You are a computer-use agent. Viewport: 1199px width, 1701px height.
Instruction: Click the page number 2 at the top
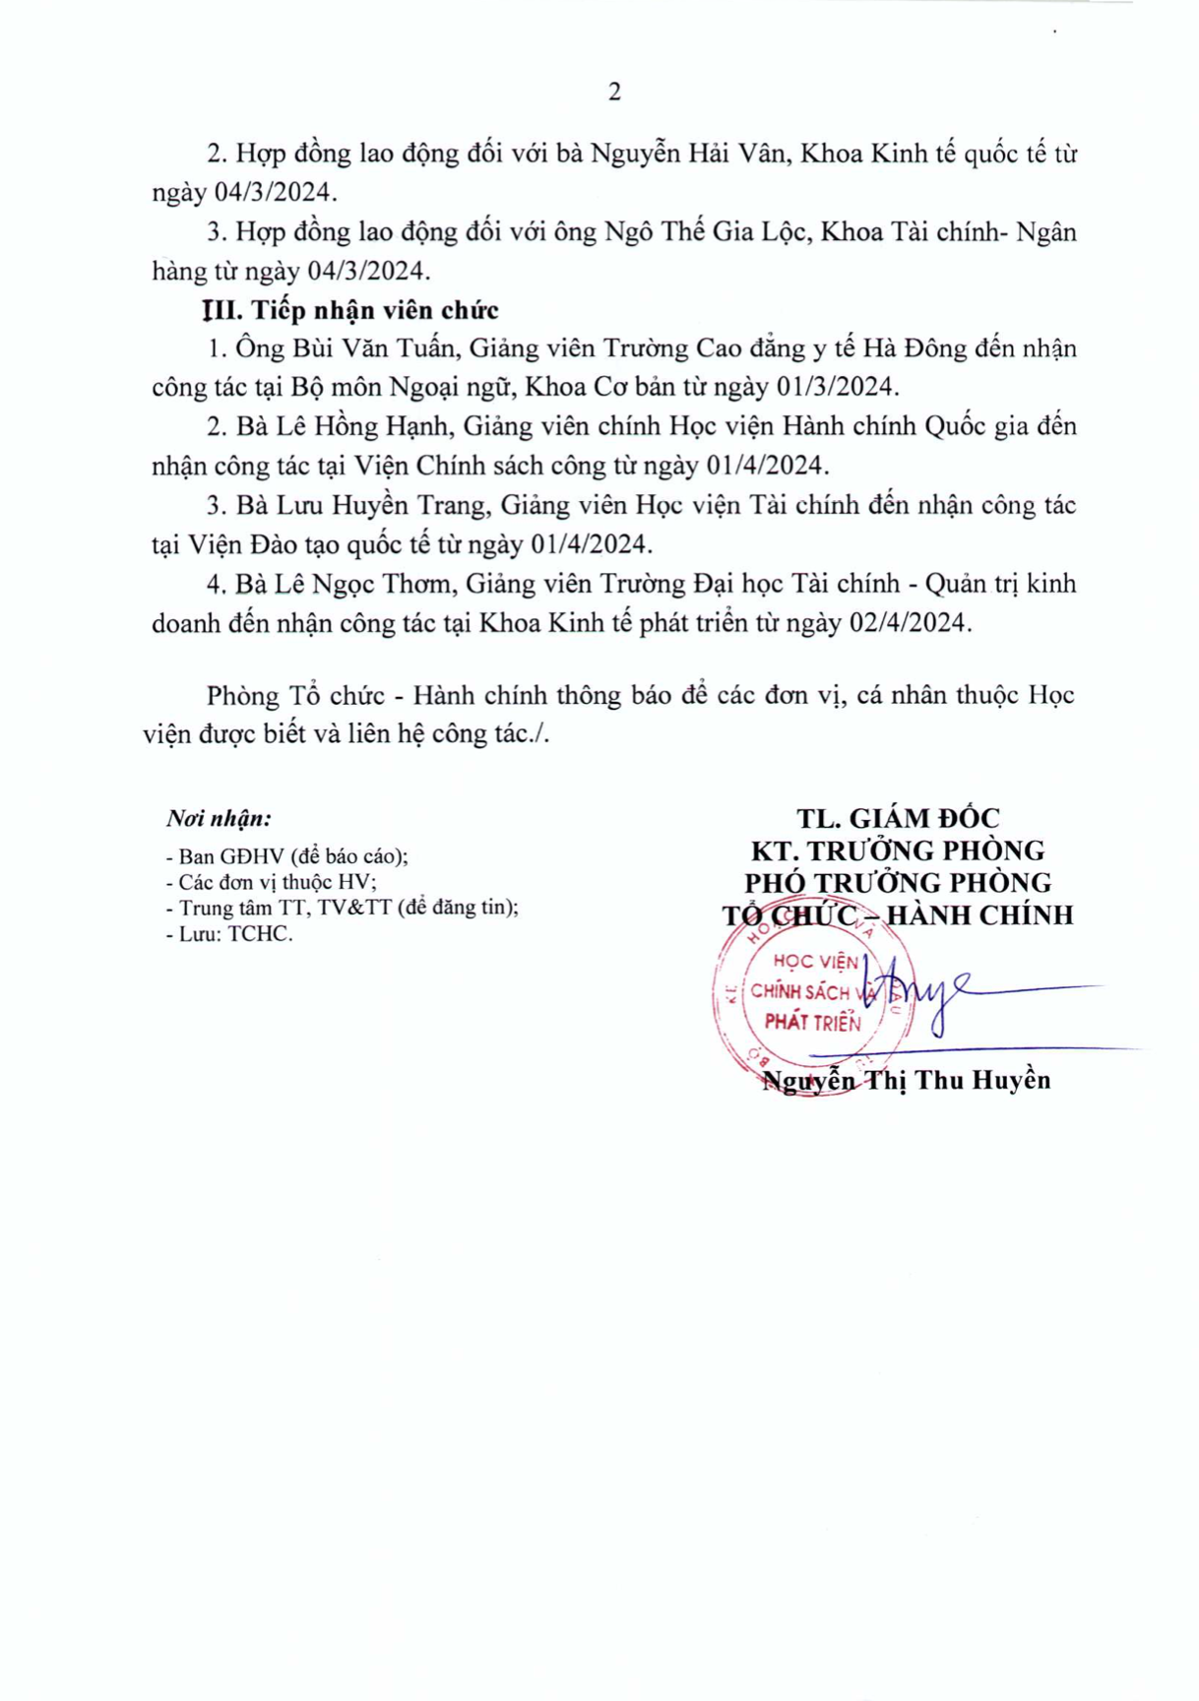pos(615,93)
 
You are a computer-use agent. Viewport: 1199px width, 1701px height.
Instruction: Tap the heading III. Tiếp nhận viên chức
pos(351,311)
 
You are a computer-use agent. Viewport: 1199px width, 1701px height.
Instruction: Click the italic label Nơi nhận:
pos(219,819)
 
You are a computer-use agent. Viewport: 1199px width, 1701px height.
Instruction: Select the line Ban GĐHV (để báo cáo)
pos(287,856)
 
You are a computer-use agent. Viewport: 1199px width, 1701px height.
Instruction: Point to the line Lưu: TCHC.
pos(230,934)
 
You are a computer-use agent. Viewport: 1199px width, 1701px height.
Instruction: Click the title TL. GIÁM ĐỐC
pos(898,819)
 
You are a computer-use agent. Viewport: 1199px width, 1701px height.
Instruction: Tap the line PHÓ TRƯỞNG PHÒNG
pos(898,883)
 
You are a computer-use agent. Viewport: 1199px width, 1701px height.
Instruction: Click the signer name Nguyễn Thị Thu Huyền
pos(907,1081)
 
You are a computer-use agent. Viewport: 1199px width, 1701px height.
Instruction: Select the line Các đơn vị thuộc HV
pos(272,883)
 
